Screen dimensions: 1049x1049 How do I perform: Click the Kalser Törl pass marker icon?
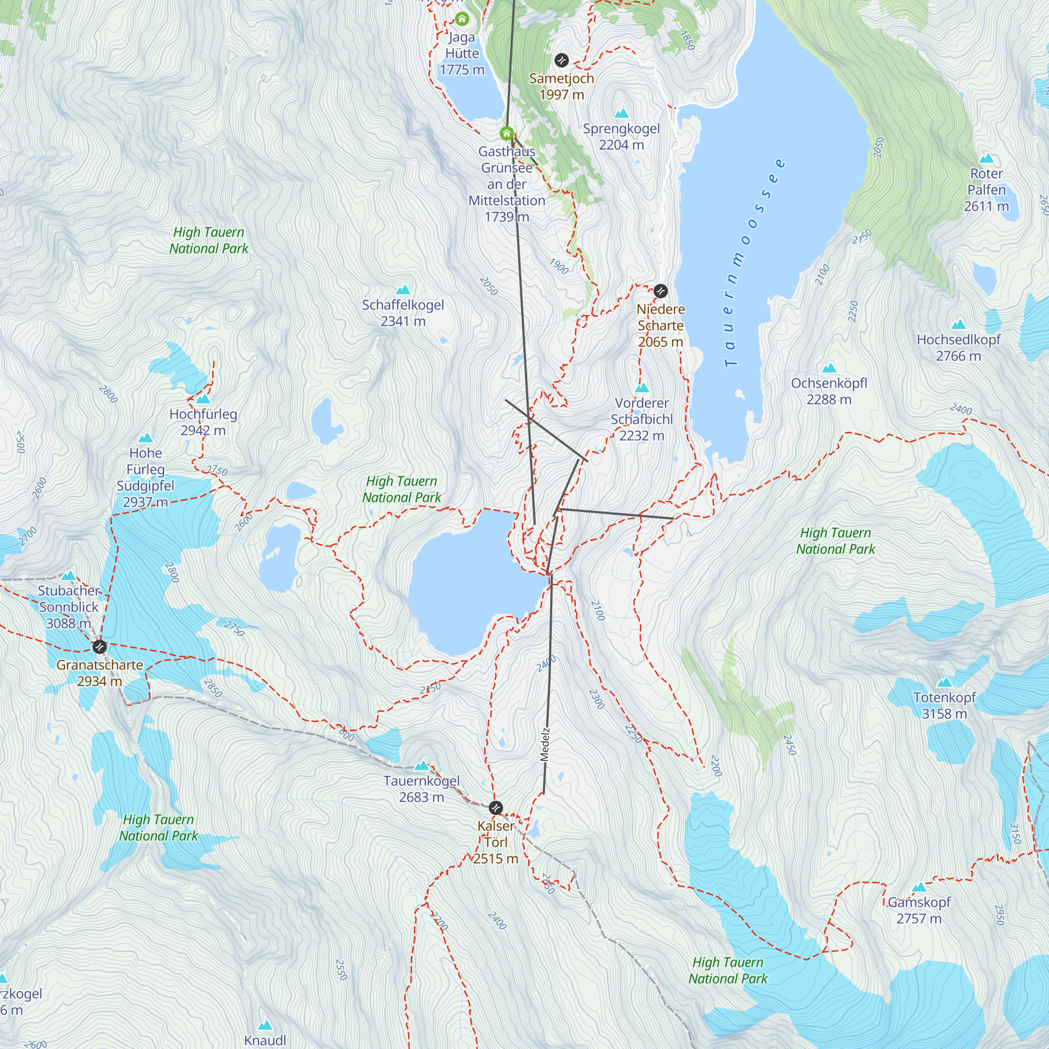[496, 807]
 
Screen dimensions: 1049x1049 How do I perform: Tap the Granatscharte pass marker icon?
[99, 647]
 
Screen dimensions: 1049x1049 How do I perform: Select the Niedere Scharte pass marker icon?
[660, 291]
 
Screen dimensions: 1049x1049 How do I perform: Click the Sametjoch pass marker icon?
[561, 60]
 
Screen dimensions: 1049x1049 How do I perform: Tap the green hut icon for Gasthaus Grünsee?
[507, 133]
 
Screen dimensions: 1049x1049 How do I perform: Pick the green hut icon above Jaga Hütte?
[462, 19]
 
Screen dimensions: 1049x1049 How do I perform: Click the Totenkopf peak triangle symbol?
[945, 682]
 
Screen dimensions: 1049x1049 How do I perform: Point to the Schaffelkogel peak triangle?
[403, 290]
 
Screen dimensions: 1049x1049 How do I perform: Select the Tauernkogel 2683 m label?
[421, 789]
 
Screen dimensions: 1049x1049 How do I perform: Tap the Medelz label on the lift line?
[545, 744]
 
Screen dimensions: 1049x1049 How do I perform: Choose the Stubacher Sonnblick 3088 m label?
[68, 606]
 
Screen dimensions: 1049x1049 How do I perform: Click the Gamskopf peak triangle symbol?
[919, 887]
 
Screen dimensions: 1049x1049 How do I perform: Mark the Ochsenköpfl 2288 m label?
[829, 391]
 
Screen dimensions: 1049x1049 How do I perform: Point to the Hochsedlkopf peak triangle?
[958, 324]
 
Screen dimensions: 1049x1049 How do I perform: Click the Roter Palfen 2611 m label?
[986, 189]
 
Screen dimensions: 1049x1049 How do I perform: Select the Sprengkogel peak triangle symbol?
[621, 113]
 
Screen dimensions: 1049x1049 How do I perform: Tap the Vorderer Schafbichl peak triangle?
[642, 388]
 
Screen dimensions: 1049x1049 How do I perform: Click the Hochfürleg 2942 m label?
[203, 422]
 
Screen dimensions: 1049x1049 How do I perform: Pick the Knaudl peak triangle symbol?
[264, 1025]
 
